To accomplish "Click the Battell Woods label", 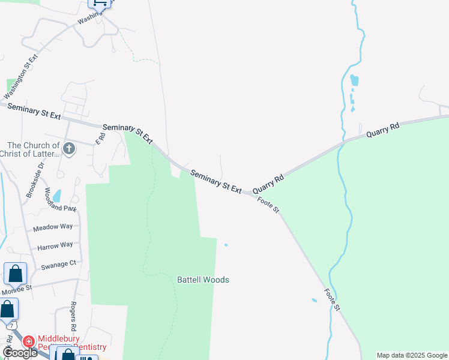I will point(203,280).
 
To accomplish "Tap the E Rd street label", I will point(100,138).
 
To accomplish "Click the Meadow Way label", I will point(53,227).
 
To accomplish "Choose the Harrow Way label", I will point(55,245).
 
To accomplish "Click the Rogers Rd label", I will point(74,316).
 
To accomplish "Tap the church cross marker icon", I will point(69,148).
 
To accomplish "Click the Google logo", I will point(19,353).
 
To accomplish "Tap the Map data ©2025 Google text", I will point(412,355).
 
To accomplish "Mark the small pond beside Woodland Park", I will point(56,196).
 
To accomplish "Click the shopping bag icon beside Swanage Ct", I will point(15,274).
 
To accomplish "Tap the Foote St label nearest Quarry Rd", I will point(268,205).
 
